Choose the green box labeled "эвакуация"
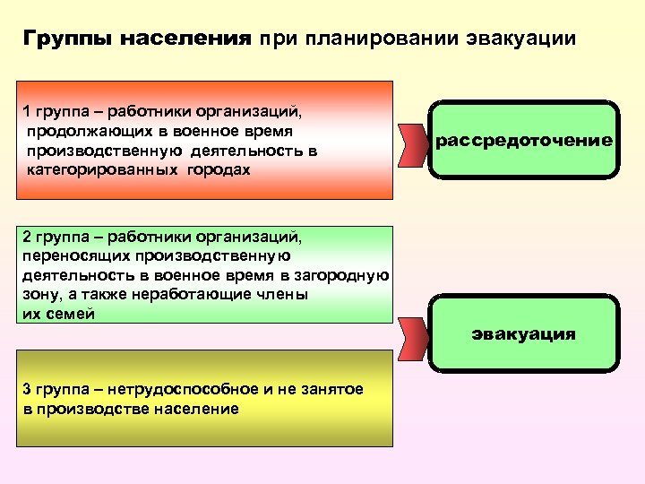point(524,334)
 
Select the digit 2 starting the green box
point(26,237)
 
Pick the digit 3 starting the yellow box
point(26,389)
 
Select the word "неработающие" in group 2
point(187,295)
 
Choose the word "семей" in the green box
point(71,314)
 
